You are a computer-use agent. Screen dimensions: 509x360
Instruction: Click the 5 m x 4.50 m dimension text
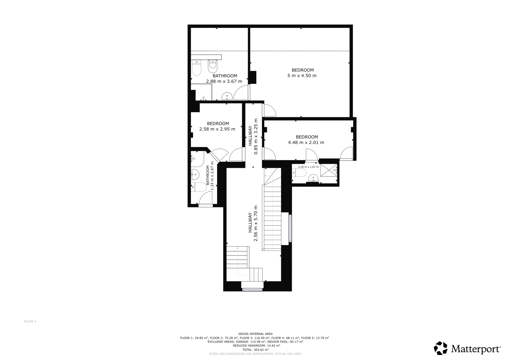click(302, 76)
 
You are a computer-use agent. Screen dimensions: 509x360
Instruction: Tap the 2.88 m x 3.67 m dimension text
click(224, 81)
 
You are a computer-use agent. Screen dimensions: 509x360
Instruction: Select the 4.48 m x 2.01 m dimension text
click(306, 143)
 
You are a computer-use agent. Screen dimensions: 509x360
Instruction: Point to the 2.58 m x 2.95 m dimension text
click(217, 129)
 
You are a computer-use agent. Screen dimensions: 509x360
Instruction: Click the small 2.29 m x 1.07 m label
click(308, 167)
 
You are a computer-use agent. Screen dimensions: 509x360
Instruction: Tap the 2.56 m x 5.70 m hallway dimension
click(256, 223)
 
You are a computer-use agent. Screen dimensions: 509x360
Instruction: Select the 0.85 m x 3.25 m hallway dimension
click(256, 136)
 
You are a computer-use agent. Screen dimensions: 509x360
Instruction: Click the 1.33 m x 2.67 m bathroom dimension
click(212, 176)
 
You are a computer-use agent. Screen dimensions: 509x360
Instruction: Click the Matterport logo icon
click(441, 348)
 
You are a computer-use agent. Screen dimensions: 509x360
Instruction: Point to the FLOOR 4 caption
click(30, 322)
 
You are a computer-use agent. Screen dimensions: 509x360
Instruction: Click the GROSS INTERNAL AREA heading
click(255, 334)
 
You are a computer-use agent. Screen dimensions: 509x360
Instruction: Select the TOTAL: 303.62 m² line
click(255, 350)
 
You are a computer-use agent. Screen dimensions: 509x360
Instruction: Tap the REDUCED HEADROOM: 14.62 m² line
click(256, 345)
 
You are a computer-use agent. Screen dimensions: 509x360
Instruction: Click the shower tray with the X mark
click(329, 170)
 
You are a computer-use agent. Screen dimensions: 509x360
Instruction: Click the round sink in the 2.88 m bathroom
click(227, 97)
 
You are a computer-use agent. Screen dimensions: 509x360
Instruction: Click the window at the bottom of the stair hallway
click(252, 289)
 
